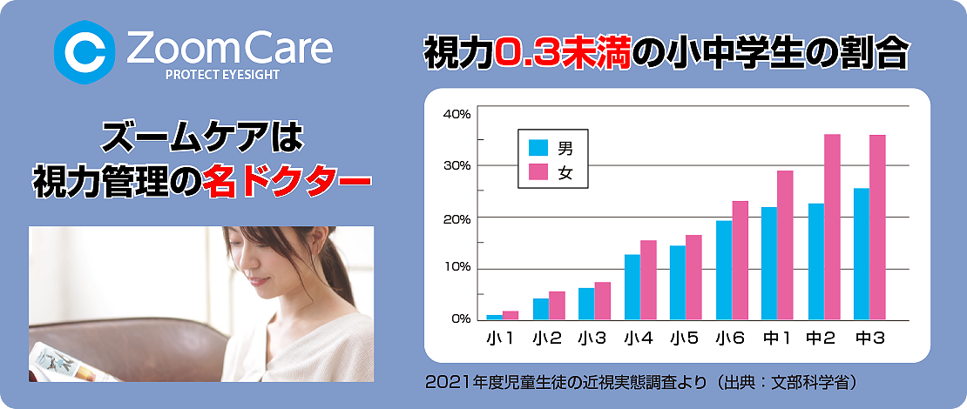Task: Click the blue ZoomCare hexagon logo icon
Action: [x=85, y=51]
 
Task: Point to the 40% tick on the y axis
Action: [x=456, y=114]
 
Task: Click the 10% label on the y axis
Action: [x=457, y=268]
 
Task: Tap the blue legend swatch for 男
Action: [x=538, y=148]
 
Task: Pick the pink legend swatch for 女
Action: [x=538, y=173]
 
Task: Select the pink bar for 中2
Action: [x=832, y=227]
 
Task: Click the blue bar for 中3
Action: [x=862, y=254]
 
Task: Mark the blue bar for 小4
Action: [x=632, y=287]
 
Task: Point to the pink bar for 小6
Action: [x=740, y=260]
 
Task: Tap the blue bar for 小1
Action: [x=495, y=318]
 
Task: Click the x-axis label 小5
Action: [x=685, y=338]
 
